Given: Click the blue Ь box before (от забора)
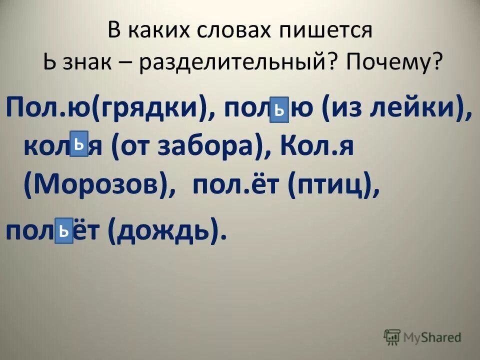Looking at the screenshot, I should pos(79,144).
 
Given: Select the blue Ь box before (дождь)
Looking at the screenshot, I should pos(64,230).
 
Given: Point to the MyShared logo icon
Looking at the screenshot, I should pos(392,337).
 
